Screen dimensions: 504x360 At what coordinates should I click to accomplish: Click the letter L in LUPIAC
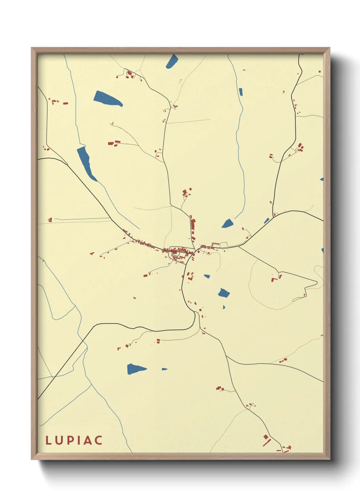coord(48,440)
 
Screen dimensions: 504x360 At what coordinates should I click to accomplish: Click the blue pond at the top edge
coord(173,61)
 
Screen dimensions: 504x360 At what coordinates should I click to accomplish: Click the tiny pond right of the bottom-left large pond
coord(164,369)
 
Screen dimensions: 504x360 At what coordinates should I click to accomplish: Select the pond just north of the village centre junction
coord(227,223)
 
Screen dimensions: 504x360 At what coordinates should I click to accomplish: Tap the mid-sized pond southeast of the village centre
coord(224,293)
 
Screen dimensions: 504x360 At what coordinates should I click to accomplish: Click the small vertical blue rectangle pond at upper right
coord(241,92)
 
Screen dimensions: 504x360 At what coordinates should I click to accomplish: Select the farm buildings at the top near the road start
coord(130,74)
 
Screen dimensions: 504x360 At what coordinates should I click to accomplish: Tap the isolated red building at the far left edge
coord(50,220)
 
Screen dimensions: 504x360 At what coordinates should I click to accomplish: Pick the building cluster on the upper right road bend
coord(300,148)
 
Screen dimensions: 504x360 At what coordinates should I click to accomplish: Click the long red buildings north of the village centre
coord(193,225)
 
